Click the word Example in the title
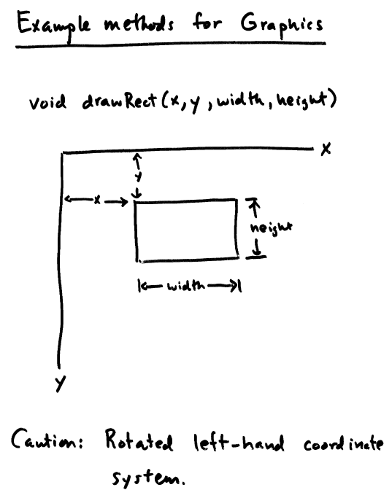point(53,25)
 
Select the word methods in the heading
point(139,24)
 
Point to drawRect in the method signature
point(120,101)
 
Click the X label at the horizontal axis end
point(326,149)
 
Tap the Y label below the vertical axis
point(60,384)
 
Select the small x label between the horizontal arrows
point(97,200)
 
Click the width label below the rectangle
point(186,286)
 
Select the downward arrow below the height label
point(257,248)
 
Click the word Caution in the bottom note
point(47,439)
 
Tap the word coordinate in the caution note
point(343,443)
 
